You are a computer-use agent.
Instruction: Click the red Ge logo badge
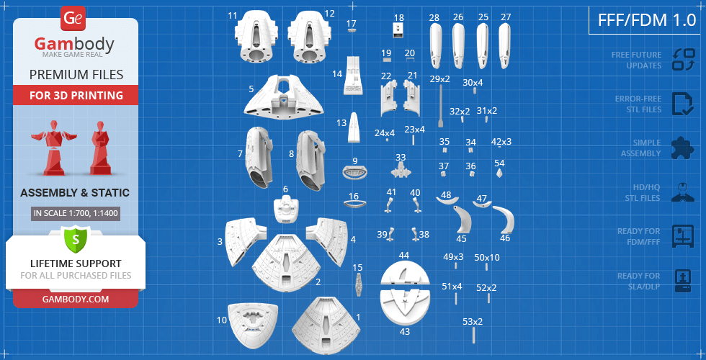coord(73,19)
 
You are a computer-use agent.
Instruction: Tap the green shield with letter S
coord(76,239)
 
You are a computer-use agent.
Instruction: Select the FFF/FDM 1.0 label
coord(647,20)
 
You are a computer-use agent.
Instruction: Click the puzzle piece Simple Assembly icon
coord(683,148)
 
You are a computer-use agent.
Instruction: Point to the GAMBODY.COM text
coord(76,299)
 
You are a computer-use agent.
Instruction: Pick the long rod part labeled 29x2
coord(440,107)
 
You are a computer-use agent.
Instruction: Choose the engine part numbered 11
coord(254,36)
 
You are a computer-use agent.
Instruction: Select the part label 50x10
coord(487,258)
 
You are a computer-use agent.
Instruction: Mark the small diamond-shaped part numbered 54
coord(499,174)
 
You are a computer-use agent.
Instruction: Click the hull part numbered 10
coord(252,325)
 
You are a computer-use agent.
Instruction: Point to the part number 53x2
coord(473,322)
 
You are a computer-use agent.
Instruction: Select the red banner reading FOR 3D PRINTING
coord(76,95)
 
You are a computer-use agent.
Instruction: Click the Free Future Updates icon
coord(684,60)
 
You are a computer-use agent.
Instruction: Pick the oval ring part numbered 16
coord(354,204)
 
